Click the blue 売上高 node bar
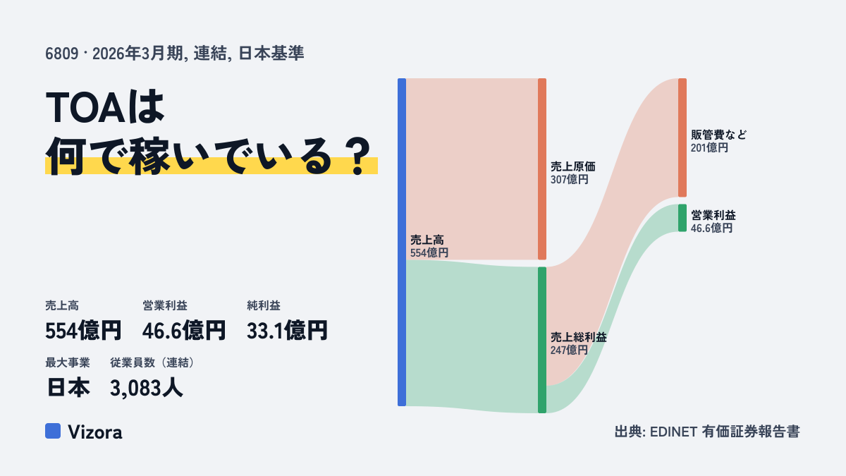[402, 242]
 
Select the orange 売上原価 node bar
[542, 169]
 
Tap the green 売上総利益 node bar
[542, 340]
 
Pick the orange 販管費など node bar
[682, 138]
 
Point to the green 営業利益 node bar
[682, 218]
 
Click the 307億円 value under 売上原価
[569, 179]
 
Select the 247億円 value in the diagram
[569, 350]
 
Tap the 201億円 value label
[709, 147]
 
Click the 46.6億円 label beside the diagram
[711, 228]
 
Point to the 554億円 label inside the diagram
[429, 252]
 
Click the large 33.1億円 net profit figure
[287, 331]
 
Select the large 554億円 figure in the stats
[83, 331]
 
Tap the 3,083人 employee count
[147, 388]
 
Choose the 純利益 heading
[264, 305]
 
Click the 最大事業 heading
[68, 362]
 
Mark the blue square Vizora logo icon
[53, 431]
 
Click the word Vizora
[95, 432]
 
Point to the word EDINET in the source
[673, 432]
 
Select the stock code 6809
[61, 54]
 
